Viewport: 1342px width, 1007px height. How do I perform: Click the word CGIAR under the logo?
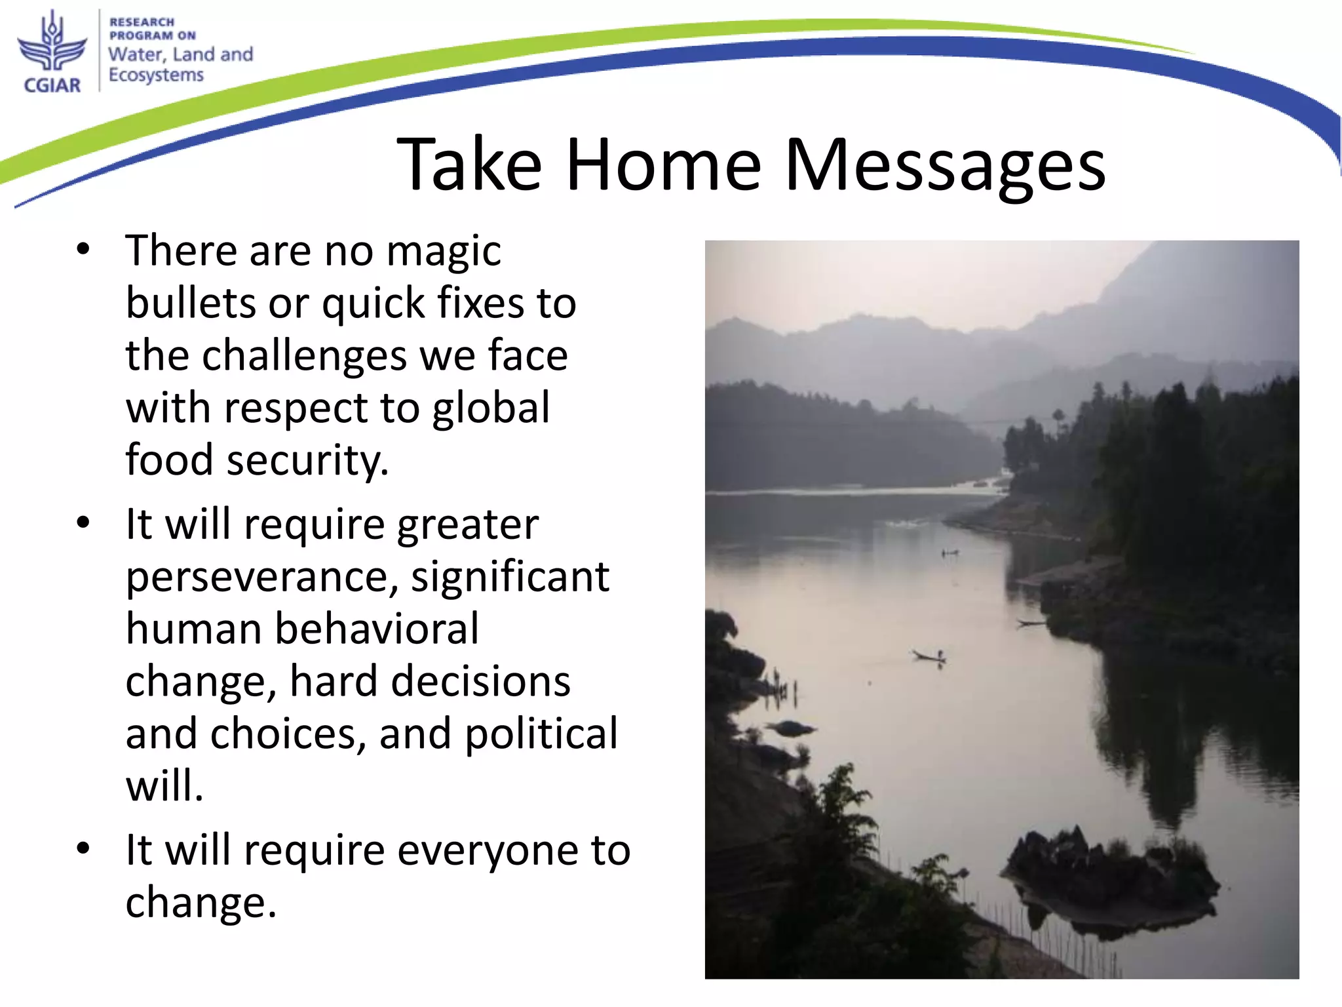(x=52, y=85)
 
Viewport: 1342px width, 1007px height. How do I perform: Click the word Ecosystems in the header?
(x=156, y=75)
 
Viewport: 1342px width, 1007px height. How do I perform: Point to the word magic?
(x=444, y=252)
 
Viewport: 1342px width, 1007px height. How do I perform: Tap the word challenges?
(x=304, y=355)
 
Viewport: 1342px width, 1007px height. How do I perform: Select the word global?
(x=491, y=408)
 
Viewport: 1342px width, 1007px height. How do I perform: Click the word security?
(x=307, y=460)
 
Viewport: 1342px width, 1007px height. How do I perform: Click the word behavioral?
(x=376, y=629)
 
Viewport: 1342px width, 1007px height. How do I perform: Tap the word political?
(x=541, y=734)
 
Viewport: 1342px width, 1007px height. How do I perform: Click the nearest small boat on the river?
(x=929, y=656)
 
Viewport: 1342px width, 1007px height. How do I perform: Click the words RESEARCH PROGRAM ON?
(x=151, y=29)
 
